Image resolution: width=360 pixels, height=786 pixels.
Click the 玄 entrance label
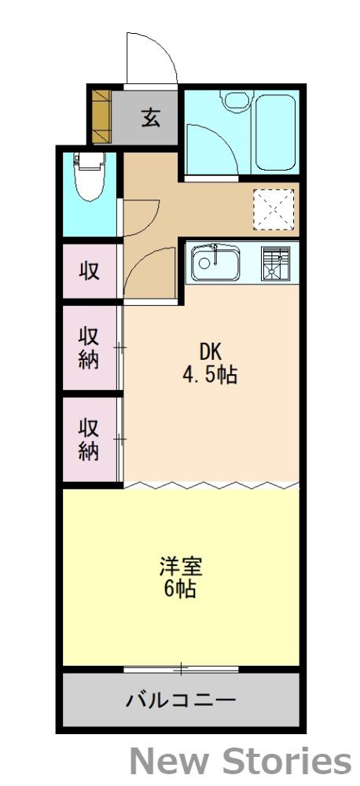(x=151, y=119)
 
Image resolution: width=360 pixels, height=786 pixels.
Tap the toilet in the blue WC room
(x=89, y=177)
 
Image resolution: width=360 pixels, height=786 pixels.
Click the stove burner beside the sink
(x=275, y=264)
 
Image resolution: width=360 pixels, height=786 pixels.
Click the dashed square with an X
(x=273, y=208)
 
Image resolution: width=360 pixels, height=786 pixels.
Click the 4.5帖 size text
(x=210, y=375)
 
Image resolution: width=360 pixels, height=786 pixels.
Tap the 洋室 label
(x=180, y=567)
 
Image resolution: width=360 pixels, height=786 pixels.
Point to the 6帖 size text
(x=180, y=589)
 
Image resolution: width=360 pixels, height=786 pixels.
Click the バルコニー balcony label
(x=181, y=699)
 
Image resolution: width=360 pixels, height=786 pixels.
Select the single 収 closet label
(x=89, y=271)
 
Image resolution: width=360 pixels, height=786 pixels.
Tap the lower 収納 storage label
(x=89, y=439)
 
